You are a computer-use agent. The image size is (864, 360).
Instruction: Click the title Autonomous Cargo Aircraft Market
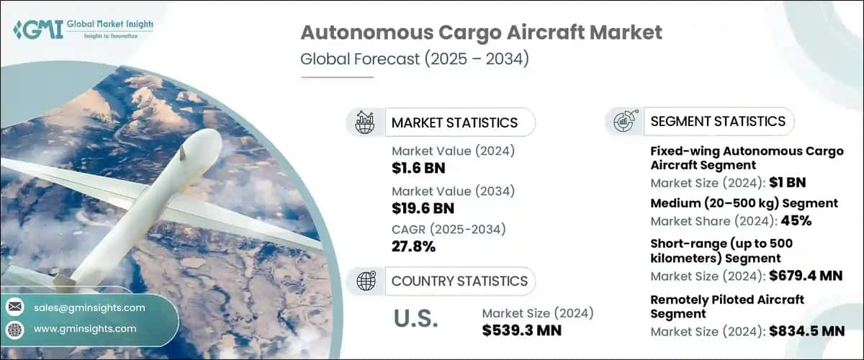coord(480,32)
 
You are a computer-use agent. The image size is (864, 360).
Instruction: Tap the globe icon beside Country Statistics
coord(366,281)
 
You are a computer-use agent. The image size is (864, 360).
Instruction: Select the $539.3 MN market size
coord(522,330)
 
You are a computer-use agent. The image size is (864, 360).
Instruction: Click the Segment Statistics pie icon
coord(623,122)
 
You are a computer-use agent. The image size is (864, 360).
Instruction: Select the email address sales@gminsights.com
coord(89,307)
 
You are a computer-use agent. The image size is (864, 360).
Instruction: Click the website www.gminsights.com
coord(85,328)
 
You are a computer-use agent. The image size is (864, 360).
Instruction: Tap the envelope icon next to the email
coord(14,307)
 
